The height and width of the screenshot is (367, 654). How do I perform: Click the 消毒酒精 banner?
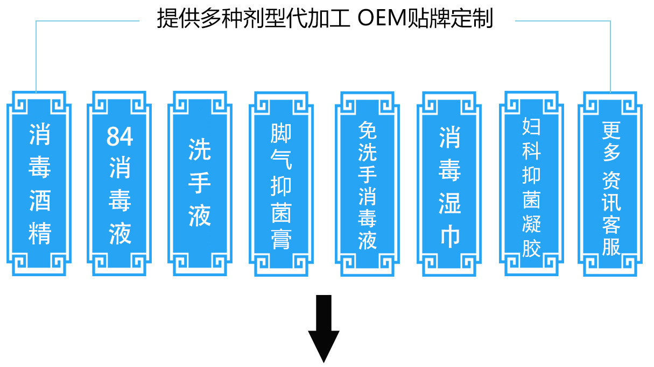pos(39,183)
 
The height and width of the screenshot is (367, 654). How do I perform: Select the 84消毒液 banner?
pos(119,183)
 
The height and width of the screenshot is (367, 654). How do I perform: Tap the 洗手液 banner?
pos(200,183)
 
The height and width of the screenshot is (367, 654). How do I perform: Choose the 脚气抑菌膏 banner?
pos(281,183)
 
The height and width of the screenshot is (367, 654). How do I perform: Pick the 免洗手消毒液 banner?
pos(368,183)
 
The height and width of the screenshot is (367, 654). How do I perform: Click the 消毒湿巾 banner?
pos(449,183)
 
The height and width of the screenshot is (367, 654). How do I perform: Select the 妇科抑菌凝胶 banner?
pos(531,183)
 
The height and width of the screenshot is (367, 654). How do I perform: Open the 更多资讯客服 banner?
pos(611,183)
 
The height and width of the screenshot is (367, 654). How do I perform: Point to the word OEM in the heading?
pos(377,20)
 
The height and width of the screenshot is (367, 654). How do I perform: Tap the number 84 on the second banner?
pos(119,136)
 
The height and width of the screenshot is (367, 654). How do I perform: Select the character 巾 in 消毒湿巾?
pos(449,236)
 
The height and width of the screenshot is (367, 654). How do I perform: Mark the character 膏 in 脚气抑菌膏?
pos(281,239)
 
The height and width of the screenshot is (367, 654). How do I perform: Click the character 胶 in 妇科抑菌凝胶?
pos(531,247)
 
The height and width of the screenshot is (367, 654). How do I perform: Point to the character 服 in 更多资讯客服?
pos(611,246)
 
